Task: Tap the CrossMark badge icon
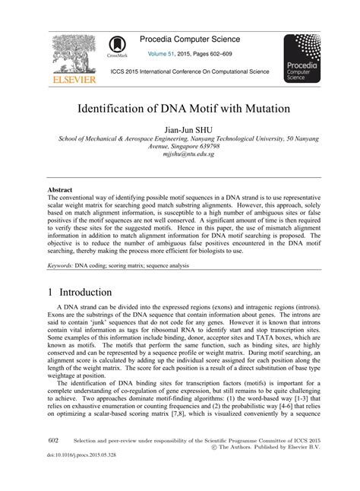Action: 118,48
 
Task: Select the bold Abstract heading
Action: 60,188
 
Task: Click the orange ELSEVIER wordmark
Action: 73,79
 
